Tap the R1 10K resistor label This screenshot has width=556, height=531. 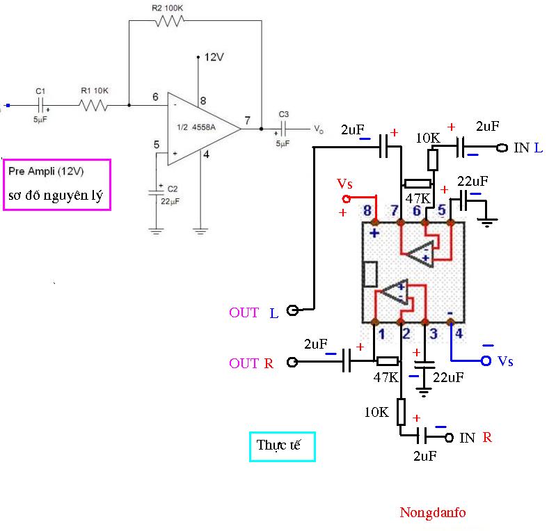pyautogui.click(x=95, y=90)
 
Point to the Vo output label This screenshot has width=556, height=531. pyautogui.click(x=318, y=129)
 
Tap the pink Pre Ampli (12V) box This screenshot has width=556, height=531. pyautogui.click(x=56, y=184)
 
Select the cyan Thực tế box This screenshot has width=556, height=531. pyautogui.click(x=282, y=446)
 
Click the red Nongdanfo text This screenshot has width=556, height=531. pyautogui.click(x=432, y=513)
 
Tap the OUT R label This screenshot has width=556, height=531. pyautogui.click(x=251, y=363)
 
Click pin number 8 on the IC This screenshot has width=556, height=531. pyautogui.click(x=367, y=209)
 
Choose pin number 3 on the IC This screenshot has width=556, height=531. pyautogui.click(x=432, y=334)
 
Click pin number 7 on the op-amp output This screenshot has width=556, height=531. pyautogui.click(x=248, y=120)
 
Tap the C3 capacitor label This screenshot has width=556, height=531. pyautogui.click(x=283, y=113)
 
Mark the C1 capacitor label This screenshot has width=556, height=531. pyautogui.click(x=40, y=90)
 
